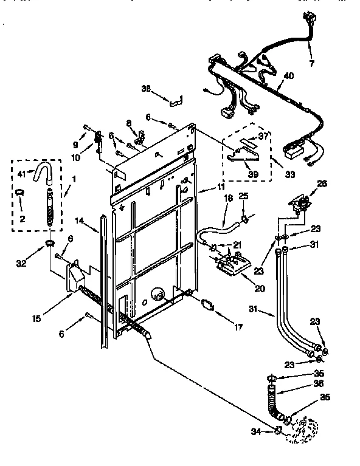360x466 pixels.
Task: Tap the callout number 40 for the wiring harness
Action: coord(289,76)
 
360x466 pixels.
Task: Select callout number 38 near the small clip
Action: coord(145,88)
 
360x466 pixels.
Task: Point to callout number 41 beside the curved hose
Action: coord(22,174)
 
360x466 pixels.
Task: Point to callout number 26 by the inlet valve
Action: coord(322,183)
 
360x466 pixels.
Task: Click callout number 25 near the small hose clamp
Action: coord(243,196)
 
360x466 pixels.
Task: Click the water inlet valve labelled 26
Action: coord(301,204)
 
